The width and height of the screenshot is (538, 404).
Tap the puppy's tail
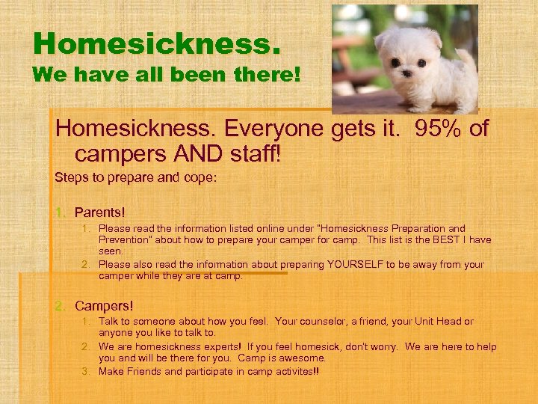click(x=466, y=56)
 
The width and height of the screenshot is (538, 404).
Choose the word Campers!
click(x=104, y=306)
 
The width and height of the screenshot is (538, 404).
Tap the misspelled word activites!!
click(x=290, y=372)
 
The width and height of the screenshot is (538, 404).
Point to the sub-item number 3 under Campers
click(x=87, y=372)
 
